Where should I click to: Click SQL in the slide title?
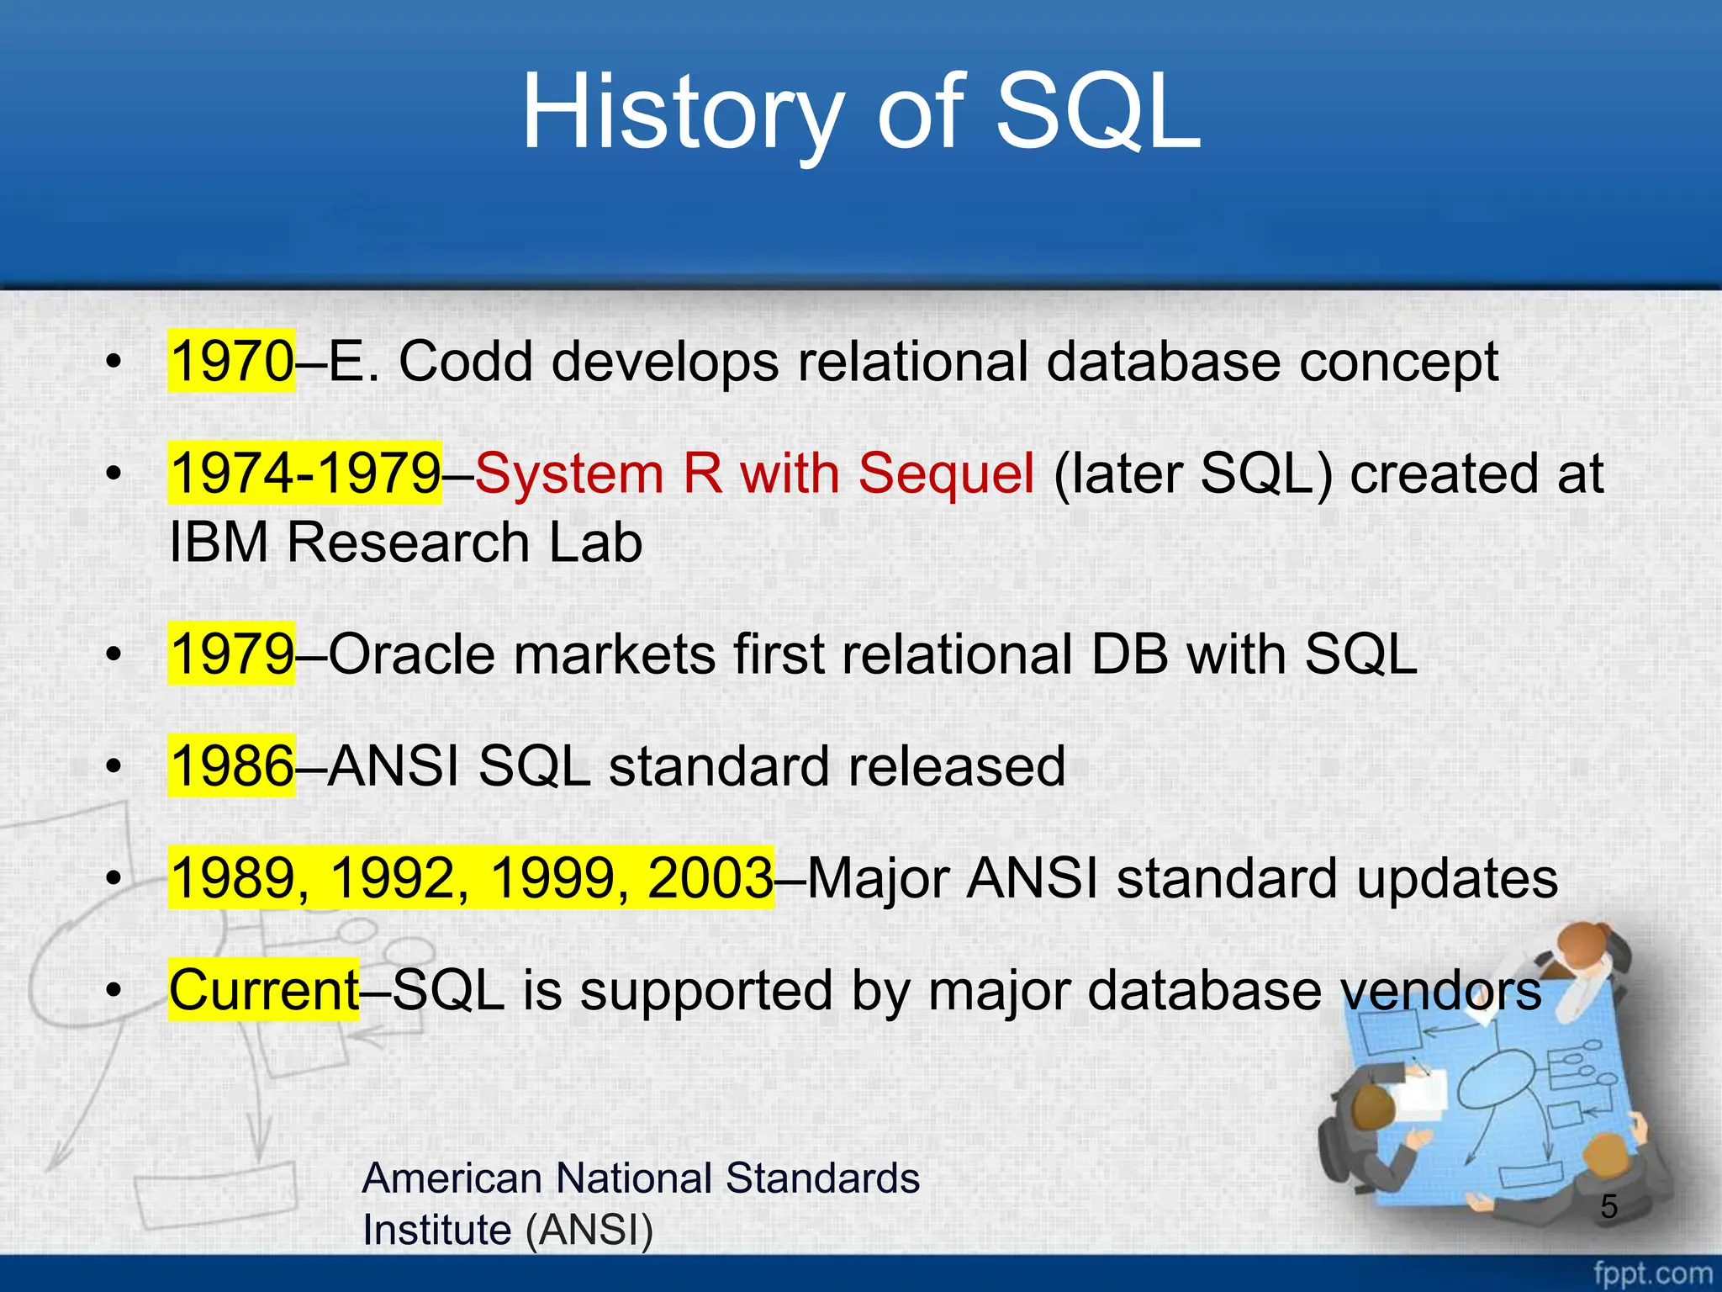(x=1097, y=114)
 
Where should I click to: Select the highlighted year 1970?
(x=231, y=361)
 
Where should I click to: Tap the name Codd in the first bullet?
(x=466, y=361)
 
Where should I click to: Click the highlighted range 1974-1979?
(x=304, y=473)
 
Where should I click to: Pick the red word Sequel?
(x=946, y=473)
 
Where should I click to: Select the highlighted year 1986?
(x=231, y=766)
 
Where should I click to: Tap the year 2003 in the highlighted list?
(x=710, y=878)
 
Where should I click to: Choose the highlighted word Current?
(x=264, y=990)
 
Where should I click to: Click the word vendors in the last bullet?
(x=1441, y=990)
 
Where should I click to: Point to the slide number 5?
(x=1608, y=1207)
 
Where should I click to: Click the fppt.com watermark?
(x=1652, y=1273)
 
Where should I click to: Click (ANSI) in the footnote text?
(x=589, y=1230)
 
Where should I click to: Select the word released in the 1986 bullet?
(x=957, y=766)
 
